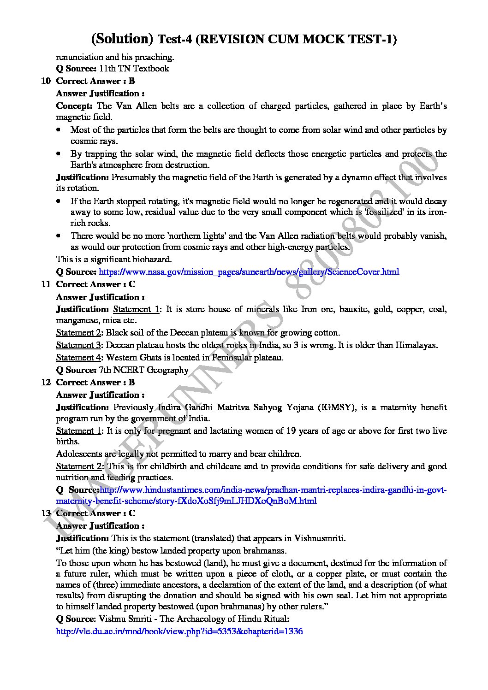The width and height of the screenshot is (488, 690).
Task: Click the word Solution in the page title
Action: coord(122,39)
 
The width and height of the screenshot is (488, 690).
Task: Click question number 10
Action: coord(46,81)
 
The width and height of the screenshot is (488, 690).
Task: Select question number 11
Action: coord(46,284)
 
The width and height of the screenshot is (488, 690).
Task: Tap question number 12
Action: coord(46,383)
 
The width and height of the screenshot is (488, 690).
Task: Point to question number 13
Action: coord(46,513)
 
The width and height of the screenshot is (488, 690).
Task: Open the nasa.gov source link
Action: coord(249,272)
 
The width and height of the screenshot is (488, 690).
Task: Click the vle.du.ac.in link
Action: coord(179,631)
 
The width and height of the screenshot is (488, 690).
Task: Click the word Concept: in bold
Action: coord(74,106)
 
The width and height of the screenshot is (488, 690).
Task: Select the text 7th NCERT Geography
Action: coord(143,370)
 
